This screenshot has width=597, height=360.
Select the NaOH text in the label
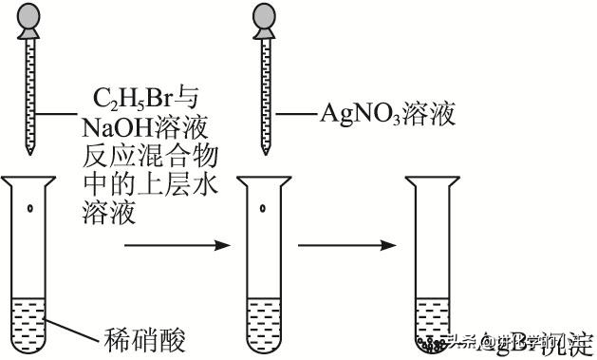click(x=113, y=126)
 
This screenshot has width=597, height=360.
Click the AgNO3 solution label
click(x=386, y=115)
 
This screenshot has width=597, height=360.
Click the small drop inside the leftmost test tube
click(x=31, y=208)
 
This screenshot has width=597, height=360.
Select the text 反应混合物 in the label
click(x=140, y=153)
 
